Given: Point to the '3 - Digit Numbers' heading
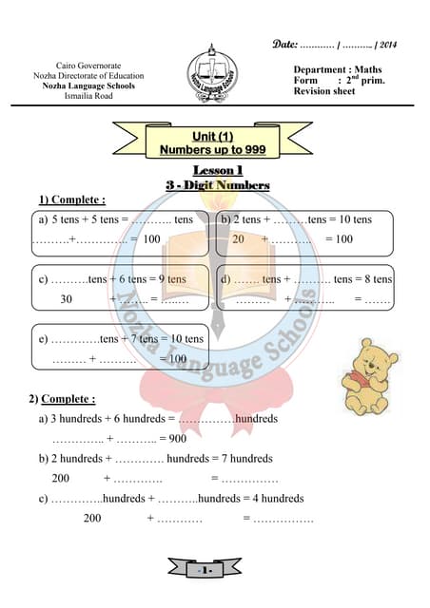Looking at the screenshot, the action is [x=218, y=185].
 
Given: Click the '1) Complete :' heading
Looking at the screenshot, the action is [x=71, y=199].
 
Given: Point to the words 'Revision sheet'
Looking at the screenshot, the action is [x=324, y=91].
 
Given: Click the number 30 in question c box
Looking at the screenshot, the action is [x=66, y=298].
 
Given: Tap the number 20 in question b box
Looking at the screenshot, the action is [x=239, y=239].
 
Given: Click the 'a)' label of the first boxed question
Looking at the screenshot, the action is [x=43, y=220].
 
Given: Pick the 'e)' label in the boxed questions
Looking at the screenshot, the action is [x=43, y=339].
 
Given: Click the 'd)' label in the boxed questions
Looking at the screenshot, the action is [x=226, y=279].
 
